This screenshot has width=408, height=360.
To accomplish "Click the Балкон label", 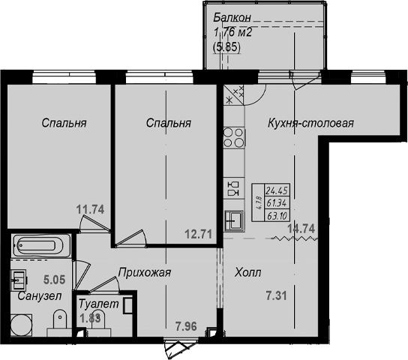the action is [x=232, y=18].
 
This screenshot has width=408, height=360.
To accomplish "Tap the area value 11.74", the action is [x=90, y=210].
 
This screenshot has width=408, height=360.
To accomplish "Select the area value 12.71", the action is [x=198, y=234].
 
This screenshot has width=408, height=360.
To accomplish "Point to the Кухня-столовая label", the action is [x=310, y=123].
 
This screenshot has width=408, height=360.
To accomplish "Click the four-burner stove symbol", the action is [x=234, y=138].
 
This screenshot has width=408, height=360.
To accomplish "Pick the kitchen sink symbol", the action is [x=234, y=220].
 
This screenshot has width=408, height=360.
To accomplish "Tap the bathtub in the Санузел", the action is [x=41, y=245].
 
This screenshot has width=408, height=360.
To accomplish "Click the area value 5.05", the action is [x=55, y=280].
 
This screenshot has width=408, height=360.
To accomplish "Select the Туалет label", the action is [x=98, y=304].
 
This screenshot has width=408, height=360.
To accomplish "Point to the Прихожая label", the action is [x=145, y=272].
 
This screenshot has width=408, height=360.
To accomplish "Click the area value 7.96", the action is [x=186, y=326].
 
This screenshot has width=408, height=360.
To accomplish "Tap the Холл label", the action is [x=247, y=273].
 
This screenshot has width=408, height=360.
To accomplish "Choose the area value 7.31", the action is [x=276, y=296].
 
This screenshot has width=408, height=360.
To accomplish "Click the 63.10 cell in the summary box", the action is [x=277, y=216].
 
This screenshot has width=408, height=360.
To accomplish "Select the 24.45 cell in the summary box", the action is [x=277, y=190].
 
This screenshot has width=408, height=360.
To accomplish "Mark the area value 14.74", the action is [x=301, y=229].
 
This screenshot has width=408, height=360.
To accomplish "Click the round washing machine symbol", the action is [x=21, y=325].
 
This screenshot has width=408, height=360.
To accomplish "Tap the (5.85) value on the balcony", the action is [x=226, y=47].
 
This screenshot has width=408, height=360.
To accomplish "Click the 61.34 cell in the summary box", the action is [x=277, y=203].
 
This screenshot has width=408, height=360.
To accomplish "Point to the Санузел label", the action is [x=40, y=296].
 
